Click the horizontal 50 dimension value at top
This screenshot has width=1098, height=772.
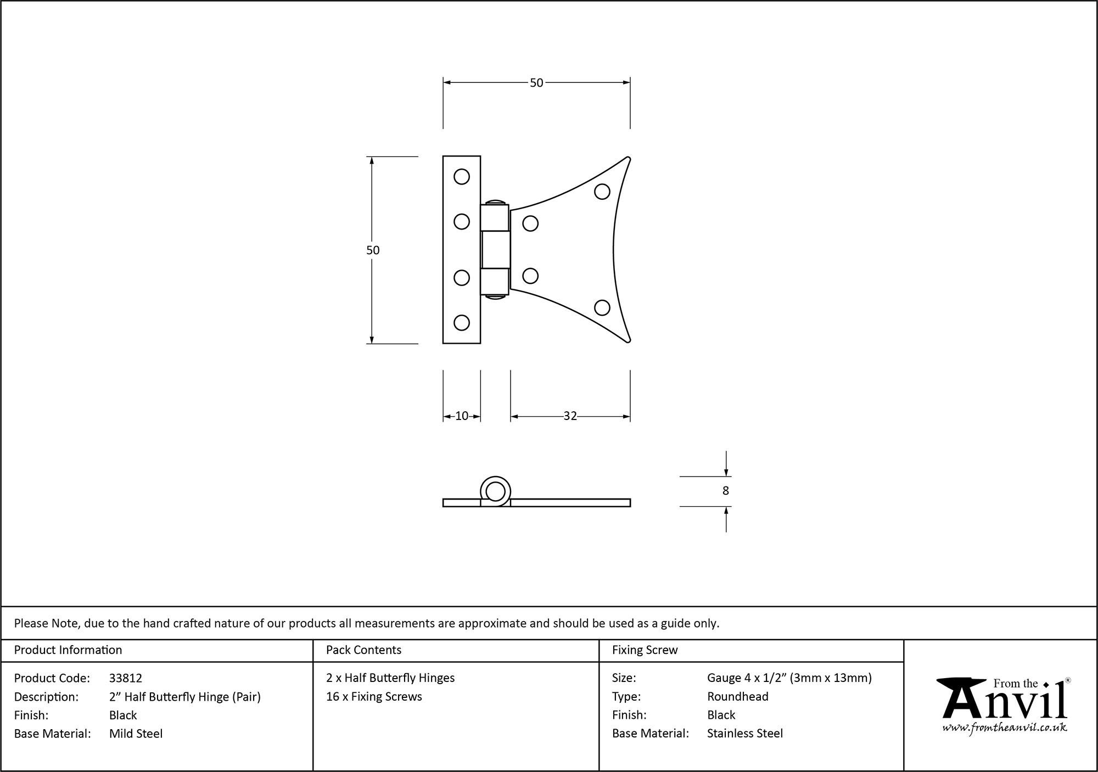tap(536, 83)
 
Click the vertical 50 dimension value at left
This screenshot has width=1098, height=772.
tap(373, 250)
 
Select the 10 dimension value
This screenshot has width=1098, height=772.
tap(462, 416)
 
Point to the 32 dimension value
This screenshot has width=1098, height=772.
tap(570, 416)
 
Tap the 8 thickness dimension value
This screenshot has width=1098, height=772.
tap(725, 491)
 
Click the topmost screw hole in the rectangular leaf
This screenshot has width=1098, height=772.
tap(462, 176)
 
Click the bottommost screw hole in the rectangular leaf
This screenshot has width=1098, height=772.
tap(462, 322)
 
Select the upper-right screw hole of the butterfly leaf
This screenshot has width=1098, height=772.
tap(602, 192)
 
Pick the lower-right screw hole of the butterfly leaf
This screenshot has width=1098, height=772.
tap(602, 307)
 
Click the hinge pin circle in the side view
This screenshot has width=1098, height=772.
tap(496, 492)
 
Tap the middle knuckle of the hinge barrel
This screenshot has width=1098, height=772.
tap(495, 250)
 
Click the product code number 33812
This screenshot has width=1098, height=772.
tap(126, 678)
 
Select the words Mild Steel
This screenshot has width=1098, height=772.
tap(136, 734)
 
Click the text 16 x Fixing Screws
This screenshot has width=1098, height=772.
tap(374, 697)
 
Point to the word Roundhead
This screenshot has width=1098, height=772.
tap(737, 697)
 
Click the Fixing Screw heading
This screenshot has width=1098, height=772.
tap(645, 650)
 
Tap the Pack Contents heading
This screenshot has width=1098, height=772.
tap(363, 650)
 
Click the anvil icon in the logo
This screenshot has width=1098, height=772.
tap(961, 697)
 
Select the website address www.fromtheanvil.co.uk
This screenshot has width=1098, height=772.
tap(1004, 728)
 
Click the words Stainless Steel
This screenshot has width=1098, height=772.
tap(744, 734)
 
